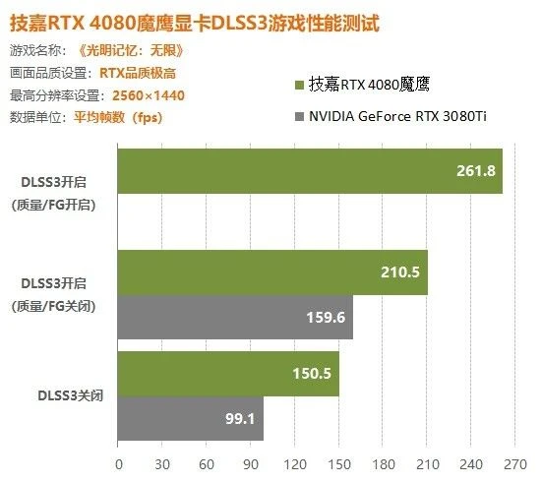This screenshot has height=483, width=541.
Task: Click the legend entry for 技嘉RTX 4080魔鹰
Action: pyautogui.click(x=372, y=86)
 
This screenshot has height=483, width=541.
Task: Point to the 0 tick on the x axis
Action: pyautogui.click(x=118, y=463)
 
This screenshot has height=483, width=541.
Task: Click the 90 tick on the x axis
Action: pyautogui.click(x=251, y=463)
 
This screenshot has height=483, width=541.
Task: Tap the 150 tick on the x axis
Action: pyautogui.click(x=339, y=463)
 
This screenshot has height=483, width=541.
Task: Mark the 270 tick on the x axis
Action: pyautogui.click(x=515, y=463)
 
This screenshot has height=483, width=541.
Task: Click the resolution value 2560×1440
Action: pyautogui.click(x=143, y=94)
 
